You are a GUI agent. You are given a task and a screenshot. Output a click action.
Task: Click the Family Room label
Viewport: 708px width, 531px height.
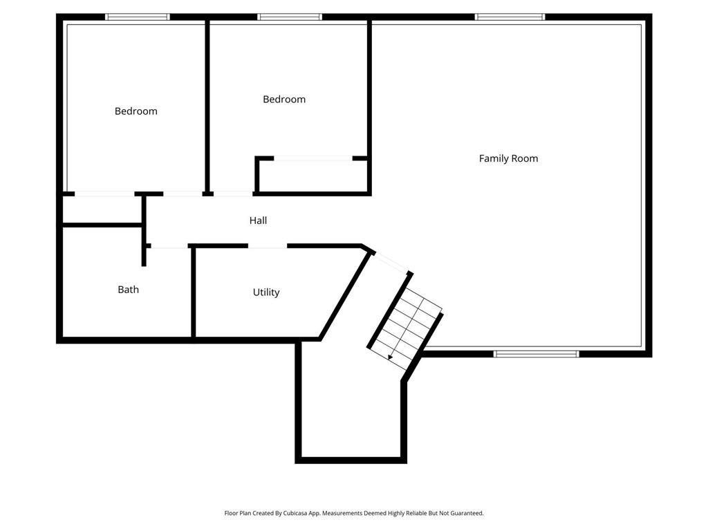(x=508, y=158)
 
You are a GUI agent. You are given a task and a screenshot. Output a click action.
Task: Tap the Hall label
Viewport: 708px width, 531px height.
(x=258, y=221)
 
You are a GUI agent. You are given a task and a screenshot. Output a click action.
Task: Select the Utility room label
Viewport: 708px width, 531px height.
(x=266, y=292)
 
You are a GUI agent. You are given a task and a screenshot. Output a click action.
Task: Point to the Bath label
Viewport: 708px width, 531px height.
(x=128, y=290)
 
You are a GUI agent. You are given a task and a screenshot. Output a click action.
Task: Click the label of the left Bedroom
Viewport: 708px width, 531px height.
(x=136, y=111)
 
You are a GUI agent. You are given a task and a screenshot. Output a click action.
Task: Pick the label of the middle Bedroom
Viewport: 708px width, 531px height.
(x=284, y=100)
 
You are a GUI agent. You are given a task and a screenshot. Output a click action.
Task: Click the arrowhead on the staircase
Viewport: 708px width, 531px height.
(x=391, y=357)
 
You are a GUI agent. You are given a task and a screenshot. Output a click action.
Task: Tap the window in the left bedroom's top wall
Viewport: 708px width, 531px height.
(x=138, y=17)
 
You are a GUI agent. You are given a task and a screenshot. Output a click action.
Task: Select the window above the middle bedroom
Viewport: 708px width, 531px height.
(x=290, y=17)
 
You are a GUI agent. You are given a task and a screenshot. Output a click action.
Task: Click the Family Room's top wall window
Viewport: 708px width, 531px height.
(x=510, y=17)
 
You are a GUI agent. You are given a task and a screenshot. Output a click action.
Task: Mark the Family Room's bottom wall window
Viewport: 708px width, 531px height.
(x=537, y=354)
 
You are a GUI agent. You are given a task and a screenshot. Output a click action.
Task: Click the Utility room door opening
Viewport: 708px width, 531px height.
(x=268, y=246)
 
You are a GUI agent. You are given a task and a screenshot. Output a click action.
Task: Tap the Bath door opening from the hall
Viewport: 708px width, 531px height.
(x=169, y=246)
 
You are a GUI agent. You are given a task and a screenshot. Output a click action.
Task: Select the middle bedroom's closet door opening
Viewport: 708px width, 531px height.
(x=313, y=158)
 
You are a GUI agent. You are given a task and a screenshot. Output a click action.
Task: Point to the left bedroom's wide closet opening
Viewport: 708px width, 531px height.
(x=104, y=194)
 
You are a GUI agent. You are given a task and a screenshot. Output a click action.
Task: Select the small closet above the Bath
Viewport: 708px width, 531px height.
(x=102, y=209)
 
